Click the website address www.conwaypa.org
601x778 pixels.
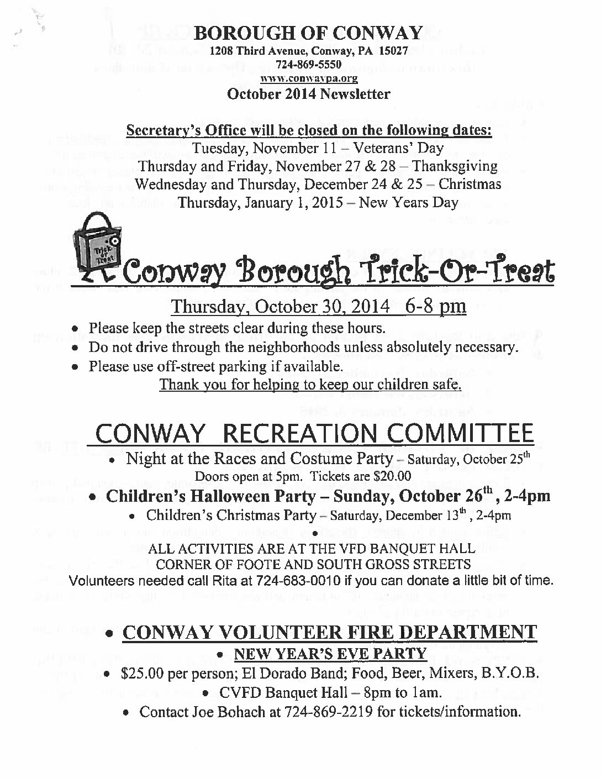[x=309, y=79]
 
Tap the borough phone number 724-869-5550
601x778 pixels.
[x=309, y=65]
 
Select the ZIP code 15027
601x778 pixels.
[x=394, y=51]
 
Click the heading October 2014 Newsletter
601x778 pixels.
[x=309, y=93]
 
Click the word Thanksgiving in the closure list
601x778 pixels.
[x=455, y=166]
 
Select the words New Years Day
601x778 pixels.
[x=409, y=202]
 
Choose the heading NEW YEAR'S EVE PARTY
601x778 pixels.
[x=330, y=654]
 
